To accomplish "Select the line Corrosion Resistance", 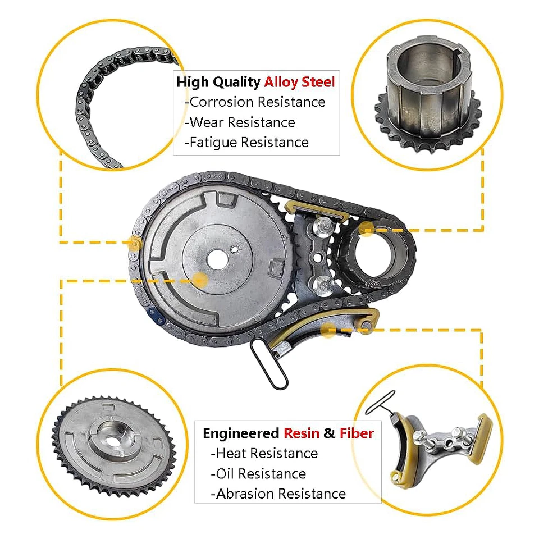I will [x=257, y=102].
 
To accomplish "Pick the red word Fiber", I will [x=357, y=433].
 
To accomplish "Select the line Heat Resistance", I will [x=264, y=453].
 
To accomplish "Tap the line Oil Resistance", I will [x=258, y=474].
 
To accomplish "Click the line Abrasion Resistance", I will [x=278, y=494].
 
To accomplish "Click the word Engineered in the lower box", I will [x=240, y=433].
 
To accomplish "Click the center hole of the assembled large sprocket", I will [x=217, y=259].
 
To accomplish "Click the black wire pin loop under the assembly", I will [x=270, y=366].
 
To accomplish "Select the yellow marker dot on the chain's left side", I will [x=134, y=243].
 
